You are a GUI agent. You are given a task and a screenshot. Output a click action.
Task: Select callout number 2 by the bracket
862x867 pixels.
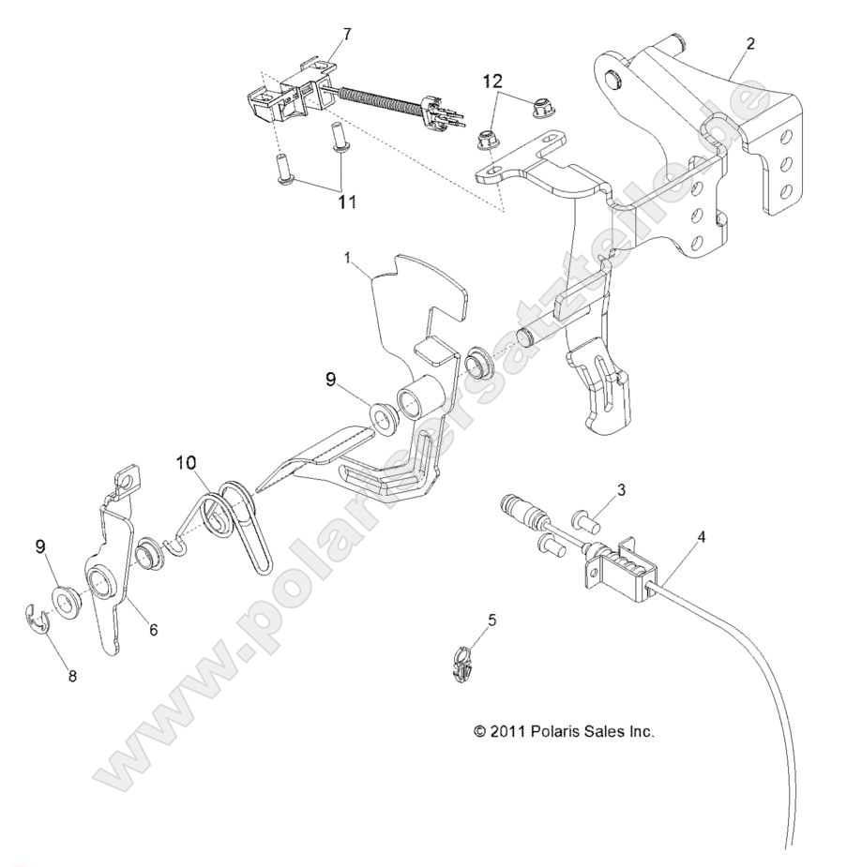(749, 44)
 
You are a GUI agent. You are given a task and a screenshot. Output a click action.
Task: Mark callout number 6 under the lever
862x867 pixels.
(152, 630)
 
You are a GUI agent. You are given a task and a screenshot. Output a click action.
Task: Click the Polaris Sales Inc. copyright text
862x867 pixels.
(563, 731)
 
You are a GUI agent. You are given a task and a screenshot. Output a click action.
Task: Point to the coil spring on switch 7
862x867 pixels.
(375, 103)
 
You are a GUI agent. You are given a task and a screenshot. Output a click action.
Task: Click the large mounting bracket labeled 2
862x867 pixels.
(694, 159)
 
